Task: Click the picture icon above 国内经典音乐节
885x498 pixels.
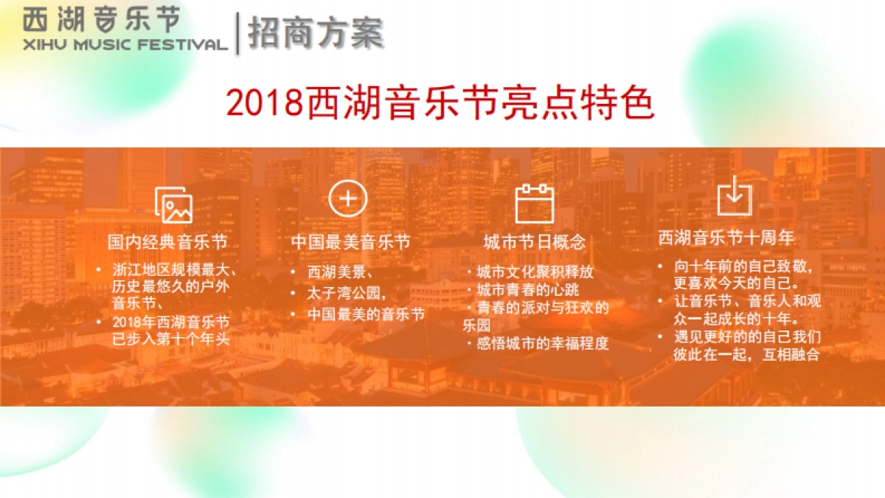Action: tap(174, 205)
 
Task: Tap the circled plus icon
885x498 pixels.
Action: tap(347, 198)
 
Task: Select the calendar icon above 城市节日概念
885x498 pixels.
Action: tap(534, 203)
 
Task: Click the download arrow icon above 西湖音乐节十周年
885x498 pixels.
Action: tap(735, 197)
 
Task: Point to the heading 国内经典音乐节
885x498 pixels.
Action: tap(167, 242)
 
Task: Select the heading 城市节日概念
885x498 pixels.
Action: tap(534, 242)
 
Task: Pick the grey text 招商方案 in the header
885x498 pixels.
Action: tap(316, 33)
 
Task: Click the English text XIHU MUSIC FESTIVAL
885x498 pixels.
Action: tap(125, 44)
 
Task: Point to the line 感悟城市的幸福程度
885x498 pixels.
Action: tap(543, 343)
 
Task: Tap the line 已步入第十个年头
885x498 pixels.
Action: tap(170, 339)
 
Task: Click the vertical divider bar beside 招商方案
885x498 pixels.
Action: tap(237, 33)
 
